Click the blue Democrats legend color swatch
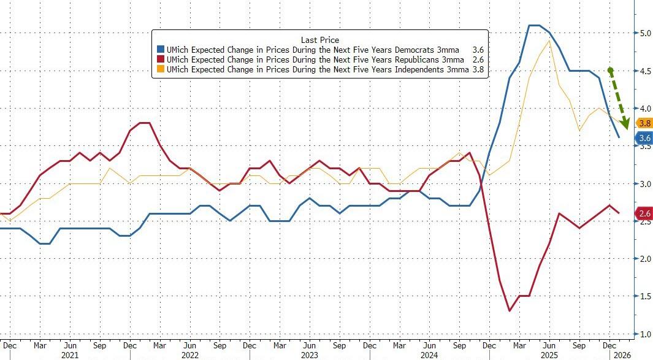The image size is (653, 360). pyautogui.click(x=161, y=49)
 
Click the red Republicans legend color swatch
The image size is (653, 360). pyautogui.click(x=161, y=59)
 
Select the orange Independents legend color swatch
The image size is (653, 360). pyautogui.click(x=161, y=69)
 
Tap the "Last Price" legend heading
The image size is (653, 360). pyautogui.click(x=319, y=39)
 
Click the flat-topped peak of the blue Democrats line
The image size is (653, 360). pyautogui.click(x=534, y=26)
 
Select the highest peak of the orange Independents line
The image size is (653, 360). pyautogui.click(x=548, y=40)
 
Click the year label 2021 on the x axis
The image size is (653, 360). pyautogui.click(x=71, y=354)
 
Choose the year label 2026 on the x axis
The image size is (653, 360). pyautogui.click(x=622, y=354)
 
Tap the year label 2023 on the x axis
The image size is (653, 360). pyautogui.click(x=310, y=354)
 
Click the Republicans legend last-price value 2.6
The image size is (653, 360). pyautogui.click(x=478, y=59)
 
